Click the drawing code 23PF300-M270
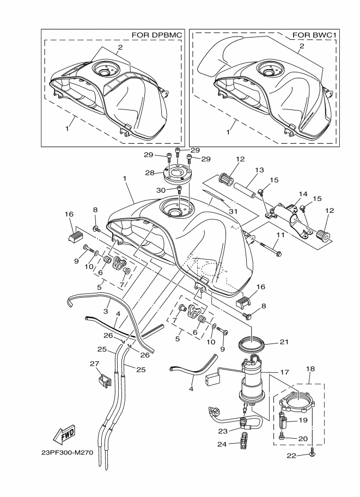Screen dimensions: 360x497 [x=67, y=452]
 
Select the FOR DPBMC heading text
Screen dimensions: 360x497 [x=157, y=35]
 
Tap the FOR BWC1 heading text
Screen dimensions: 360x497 [x=314, y=35]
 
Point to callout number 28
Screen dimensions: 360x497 [x=150, y=173]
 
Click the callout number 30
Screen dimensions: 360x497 [x=161, y=190]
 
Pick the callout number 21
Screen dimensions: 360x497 [x=284, y=342]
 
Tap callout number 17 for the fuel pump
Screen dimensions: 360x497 [x=285, y=372]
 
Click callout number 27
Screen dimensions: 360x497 [x=95, y=364]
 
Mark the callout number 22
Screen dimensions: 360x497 [x=291, y=456]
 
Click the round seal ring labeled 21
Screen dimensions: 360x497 [x=251, y=344]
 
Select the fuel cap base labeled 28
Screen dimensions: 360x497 [x=178, y=174]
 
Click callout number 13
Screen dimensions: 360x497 [x=259, y=170]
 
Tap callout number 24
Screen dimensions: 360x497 [x=222, y=444]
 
